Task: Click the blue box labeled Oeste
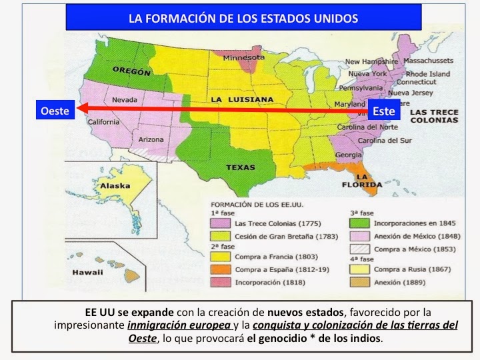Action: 54,111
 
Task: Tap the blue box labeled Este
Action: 384,111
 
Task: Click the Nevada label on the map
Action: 125,100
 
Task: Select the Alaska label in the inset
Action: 115,187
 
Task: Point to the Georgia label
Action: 349,155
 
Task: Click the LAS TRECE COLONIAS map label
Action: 434,116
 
